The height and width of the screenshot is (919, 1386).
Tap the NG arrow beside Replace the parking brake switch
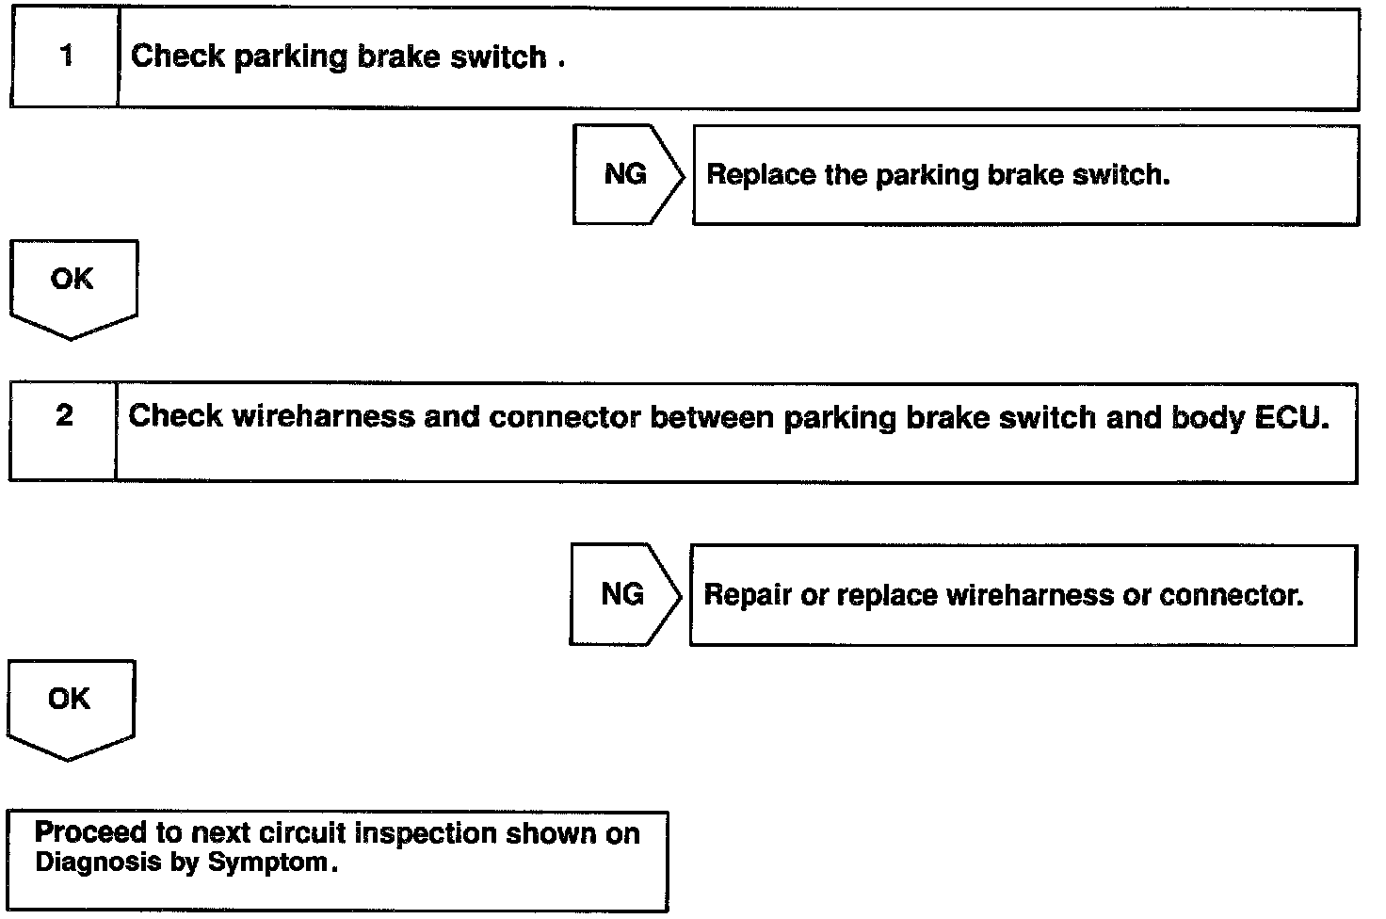(x=626, y=174)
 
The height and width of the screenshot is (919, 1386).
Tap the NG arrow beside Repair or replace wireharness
(x=623, y=594)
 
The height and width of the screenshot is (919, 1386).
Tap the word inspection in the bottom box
(x=416, y=833)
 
